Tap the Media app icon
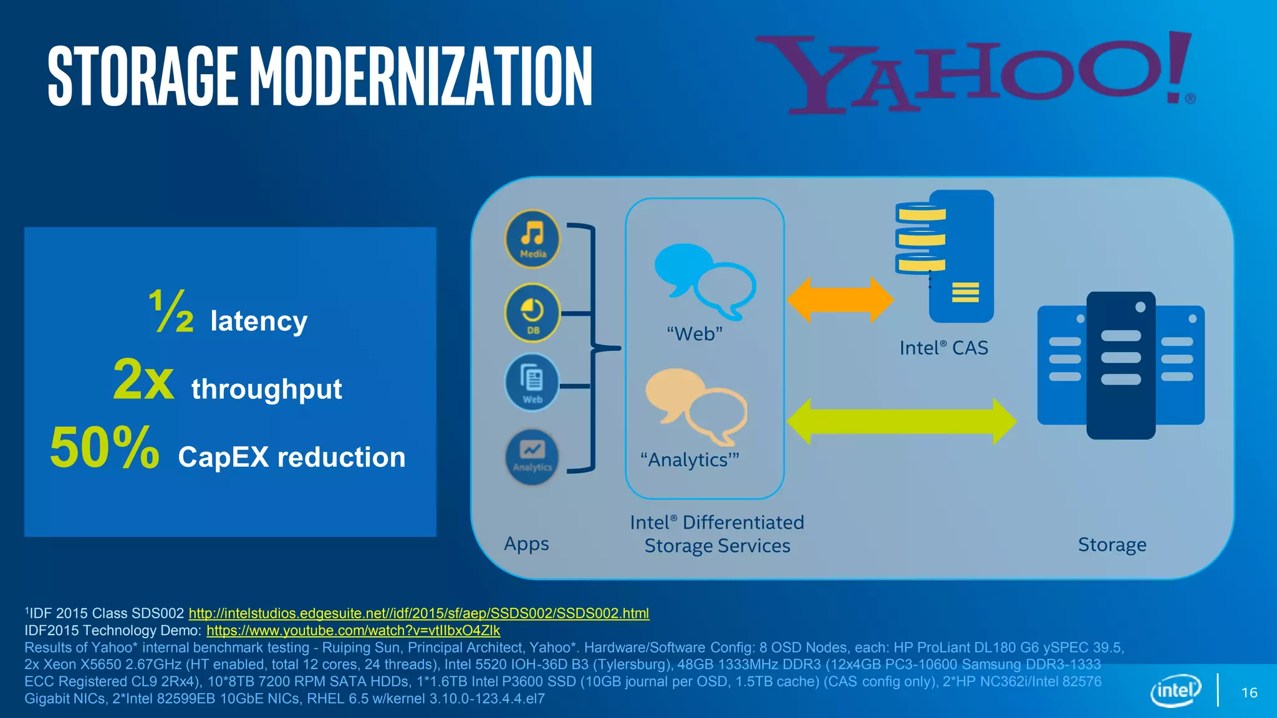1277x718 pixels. (532, 239)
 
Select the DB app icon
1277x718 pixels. (532, 313)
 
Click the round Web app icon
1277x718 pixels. (532, 383)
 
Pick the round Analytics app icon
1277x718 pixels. (532, 457)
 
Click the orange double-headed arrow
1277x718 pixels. (840, 300)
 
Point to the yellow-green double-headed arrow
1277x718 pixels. (901, 422)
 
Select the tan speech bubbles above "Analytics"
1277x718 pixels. (696, 406)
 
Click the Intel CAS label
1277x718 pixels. (943, 348)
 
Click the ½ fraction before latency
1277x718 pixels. (171, 311)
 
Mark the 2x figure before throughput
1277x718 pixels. (143, 380)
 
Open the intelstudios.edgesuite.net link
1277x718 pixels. (418, 613)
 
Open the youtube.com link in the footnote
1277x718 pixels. (353, 631)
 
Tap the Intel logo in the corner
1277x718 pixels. (1175, 691)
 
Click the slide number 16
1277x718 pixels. (1249, 693)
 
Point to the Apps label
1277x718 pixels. (526, 544)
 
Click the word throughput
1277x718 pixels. (266, 390)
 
